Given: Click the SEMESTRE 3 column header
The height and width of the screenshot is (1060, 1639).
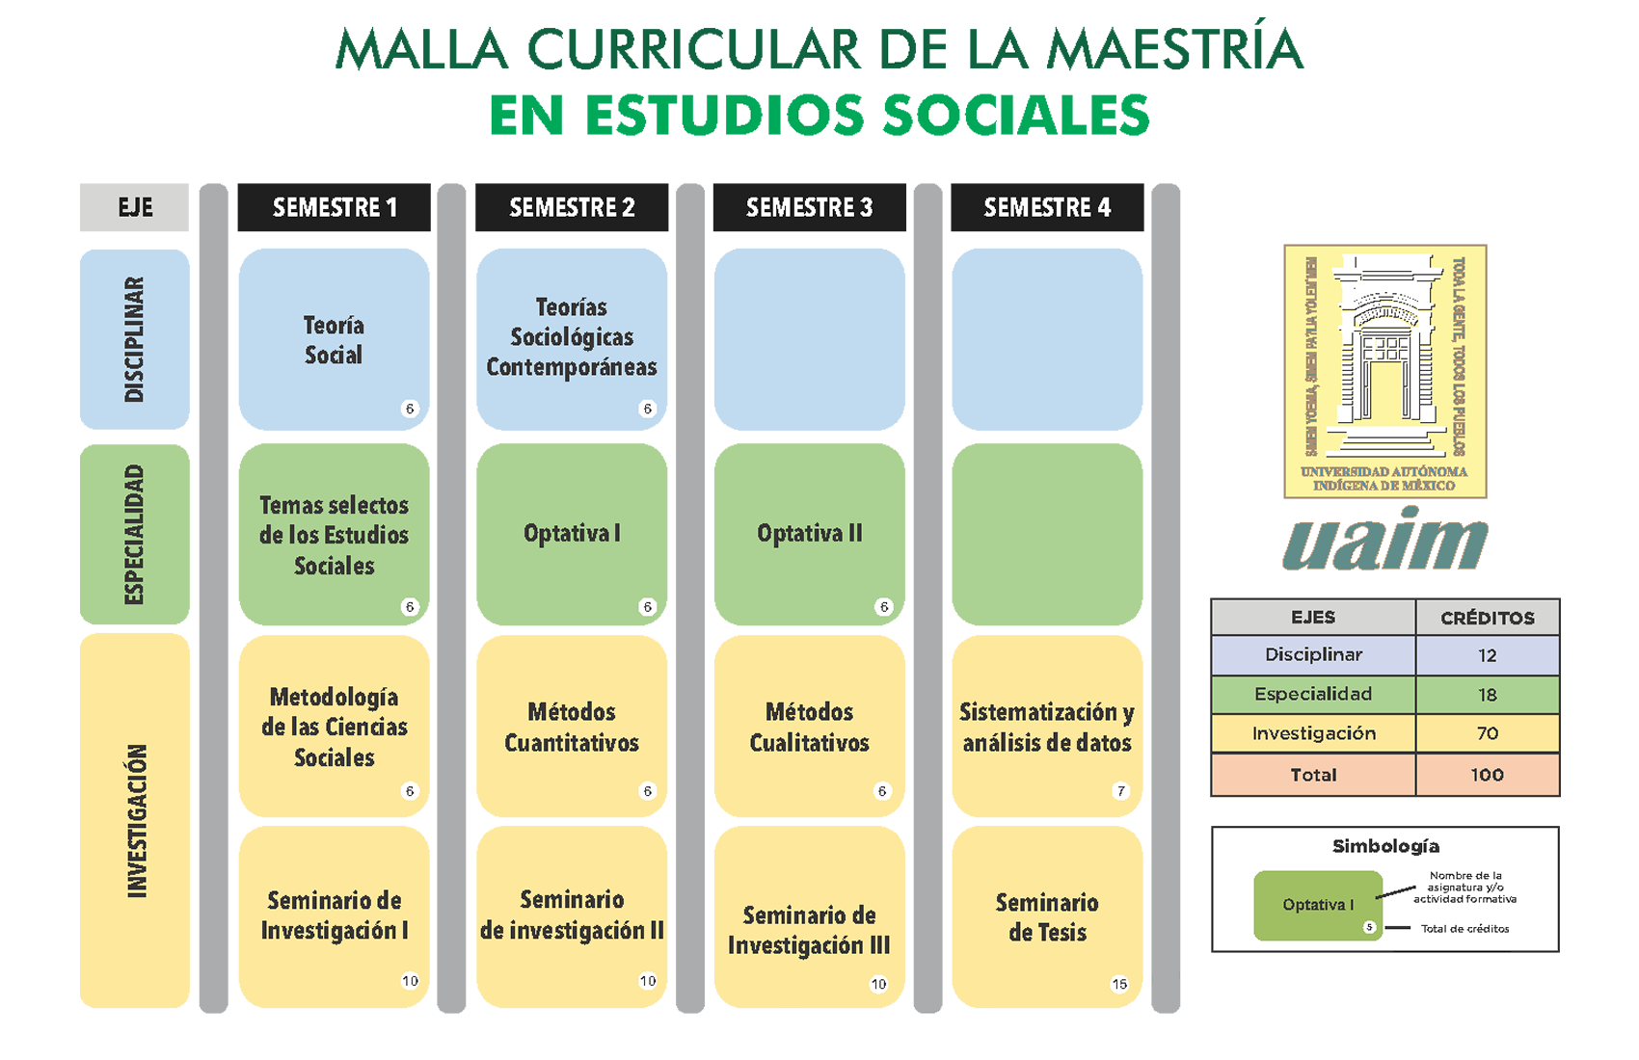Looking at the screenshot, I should [x=809, y=207].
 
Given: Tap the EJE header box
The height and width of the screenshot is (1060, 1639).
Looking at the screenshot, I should [x=135, y=207].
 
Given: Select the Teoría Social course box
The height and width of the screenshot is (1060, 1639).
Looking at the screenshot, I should [x=334, y=339].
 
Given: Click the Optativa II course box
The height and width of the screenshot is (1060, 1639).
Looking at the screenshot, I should [x=809, y=534].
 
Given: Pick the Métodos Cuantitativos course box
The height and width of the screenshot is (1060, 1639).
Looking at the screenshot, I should [x=572, y=727].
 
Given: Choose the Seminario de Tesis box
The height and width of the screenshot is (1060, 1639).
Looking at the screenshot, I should [x=1047, y=916].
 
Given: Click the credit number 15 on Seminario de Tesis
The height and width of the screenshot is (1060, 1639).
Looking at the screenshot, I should [x=1119, y=984].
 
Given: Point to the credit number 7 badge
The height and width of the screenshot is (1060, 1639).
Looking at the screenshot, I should [x=1120, y=791].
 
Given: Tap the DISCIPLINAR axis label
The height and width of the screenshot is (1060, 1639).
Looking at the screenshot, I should [x=135, y=339].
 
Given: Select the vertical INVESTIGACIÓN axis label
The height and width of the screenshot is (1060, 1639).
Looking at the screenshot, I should [x=137, y=821].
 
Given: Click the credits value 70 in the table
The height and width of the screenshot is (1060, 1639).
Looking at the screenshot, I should [x=1487, y=733].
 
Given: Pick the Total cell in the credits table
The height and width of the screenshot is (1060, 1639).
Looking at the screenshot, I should [x=1313, y=775].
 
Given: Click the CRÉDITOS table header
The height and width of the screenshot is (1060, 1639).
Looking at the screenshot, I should [x=1487, y=618].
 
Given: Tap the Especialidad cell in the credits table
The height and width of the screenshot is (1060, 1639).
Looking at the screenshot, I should [x=1313, y=694].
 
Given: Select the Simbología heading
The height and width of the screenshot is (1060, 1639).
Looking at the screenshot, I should [x=1385, y=846].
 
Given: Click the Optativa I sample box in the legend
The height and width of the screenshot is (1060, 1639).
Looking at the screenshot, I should [x=1318, y=905].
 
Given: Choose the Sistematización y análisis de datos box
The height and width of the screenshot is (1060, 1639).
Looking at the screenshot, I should [x=1047, y=727].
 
